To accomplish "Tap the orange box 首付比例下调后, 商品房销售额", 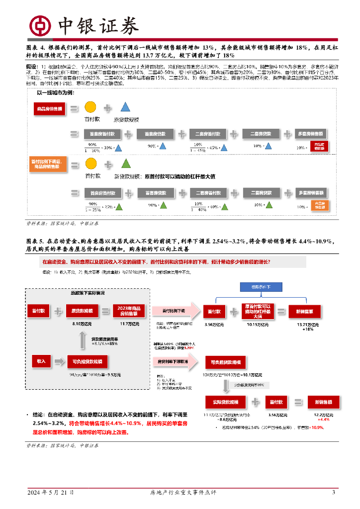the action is pos(49,164).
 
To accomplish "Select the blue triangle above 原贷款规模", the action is pos(125,107).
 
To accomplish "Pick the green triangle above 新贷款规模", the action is pos(126,163).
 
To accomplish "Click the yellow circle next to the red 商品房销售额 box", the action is pos(90,107).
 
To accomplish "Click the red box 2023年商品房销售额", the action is pos(129,311).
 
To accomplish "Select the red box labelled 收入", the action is pos(41,361).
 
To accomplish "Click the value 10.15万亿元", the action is pos(258,325).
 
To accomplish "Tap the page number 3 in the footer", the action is pos(334,493).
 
